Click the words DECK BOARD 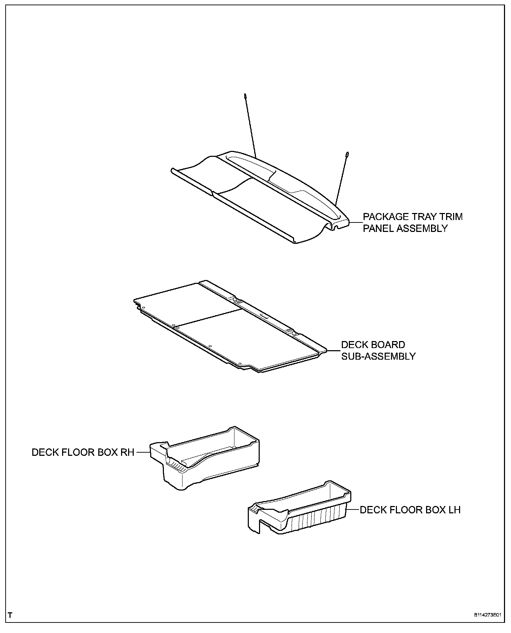tap(373, 345)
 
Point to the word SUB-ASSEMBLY tap(378, 357)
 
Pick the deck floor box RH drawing tap(207, 456)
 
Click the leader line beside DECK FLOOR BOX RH tap(143, 452)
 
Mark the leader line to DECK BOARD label tap(333, 350)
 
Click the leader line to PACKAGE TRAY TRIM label tap(356, 222)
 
